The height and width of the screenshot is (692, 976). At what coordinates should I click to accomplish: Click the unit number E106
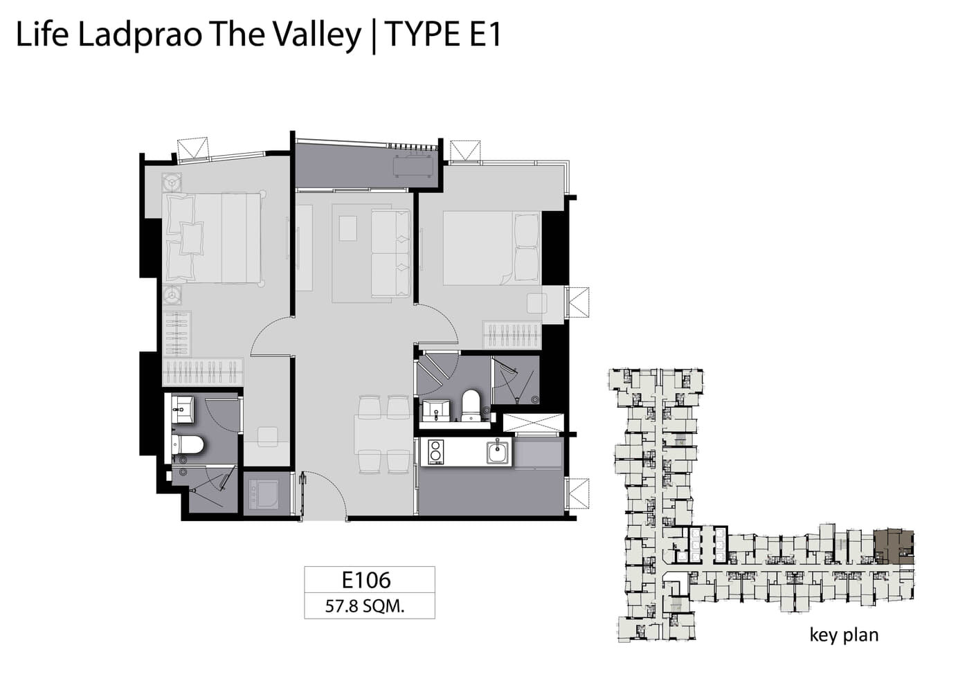pos(366,580)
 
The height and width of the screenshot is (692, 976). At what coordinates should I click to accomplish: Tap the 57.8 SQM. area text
pos(365,606)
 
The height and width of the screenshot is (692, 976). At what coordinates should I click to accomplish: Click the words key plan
pos(844,635)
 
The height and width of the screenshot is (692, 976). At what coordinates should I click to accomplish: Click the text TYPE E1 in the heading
pos(443,34)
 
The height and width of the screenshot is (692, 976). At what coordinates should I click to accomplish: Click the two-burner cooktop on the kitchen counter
pos(435,452)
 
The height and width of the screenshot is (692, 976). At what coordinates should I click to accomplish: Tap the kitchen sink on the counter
pos(498,452)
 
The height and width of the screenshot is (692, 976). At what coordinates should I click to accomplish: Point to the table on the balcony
pos(413,166)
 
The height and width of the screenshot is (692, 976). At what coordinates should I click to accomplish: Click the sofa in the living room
pos(390,253)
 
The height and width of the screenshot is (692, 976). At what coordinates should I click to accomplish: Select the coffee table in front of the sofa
pos(347,228)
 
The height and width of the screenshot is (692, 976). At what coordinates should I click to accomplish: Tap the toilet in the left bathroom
pos(188,444)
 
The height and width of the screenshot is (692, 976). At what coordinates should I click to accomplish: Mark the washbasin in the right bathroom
pos(437,410)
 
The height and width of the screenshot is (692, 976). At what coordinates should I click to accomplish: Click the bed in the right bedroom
pos(492,248)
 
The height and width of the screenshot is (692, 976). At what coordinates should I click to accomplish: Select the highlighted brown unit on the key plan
pos(893,547)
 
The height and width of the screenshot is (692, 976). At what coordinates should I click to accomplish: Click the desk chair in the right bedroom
pos(537,303)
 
